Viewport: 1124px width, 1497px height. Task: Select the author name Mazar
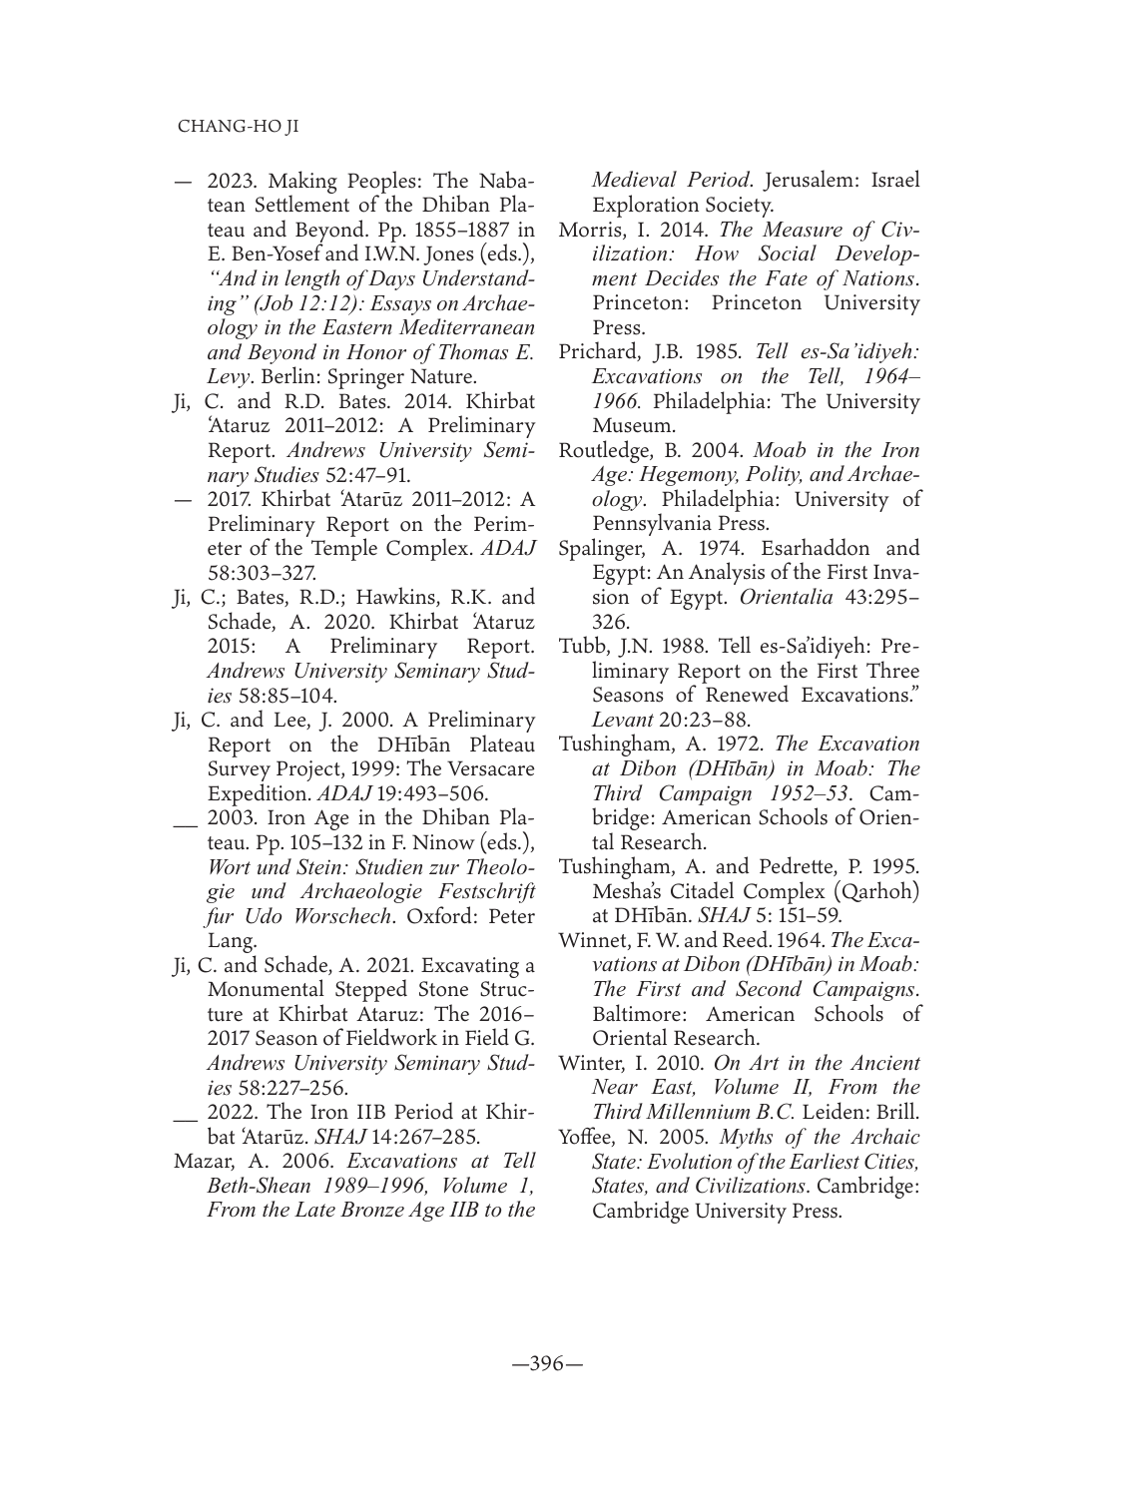(x=204, y=1161)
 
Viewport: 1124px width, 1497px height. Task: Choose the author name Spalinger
(x=601, y=548)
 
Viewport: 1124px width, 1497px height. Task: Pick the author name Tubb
(x=583, y=646)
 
